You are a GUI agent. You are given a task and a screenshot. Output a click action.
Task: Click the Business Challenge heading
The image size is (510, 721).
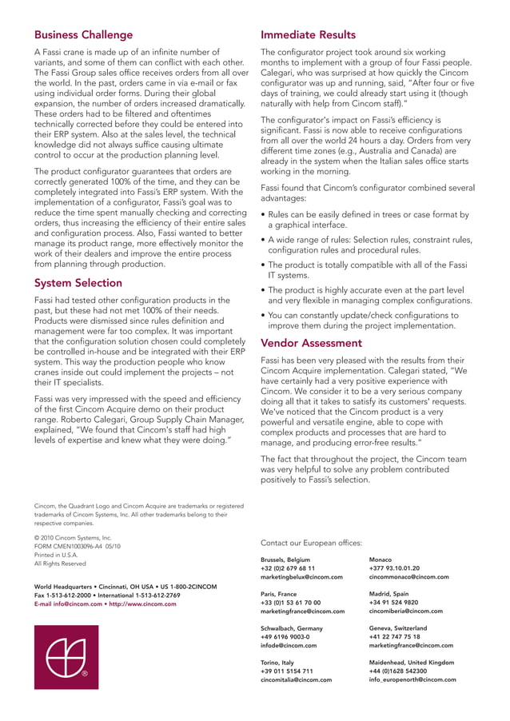(83, 35)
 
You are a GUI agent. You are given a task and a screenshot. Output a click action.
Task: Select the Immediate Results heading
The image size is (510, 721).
(309, 35)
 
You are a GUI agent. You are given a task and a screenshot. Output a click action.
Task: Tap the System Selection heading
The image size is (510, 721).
(78, 283)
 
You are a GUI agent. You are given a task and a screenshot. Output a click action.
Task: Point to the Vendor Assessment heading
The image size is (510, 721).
(312, 343)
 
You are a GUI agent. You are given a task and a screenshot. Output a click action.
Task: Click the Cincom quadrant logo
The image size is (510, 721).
(66, 657)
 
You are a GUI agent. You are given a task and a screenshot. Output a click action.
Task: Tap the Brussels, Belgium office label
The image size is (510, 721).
(285, 560)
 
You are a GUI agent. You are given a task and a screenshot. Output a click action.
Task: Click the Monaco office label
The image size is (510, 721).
(381, 560)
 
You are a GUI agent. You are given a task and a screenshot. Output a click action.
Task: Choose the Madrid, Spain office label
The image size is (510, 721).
(389, 594)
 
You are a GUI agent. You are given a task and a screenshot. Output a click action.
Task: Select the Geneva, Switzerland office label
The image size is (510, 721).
(398, 628)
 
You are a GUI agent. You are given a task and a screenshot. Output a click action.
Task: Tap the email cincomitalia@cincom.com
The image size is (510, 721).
(297, 679)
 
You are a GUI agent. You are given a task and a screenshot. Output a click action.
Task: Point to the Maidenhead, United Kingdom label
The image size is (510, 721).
(412, 663)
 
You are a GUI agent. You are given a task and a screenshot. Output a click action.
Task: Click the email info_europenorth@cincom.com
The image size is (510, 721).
(412, 679)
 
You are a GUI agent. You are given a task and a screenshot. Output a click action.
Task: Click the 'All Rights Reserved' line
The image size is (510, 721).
(60, 564)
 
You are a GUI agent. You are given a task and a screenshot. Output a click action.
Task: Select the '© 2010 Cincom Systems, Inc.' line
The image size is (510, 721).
(73, 538)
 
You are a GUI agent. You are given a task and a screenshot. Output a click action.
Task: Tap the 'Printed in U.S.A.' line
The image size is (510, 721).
(56, 555)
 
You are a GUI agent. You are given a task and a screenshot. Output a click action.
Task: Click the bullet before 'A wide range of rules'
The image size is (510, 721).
(264, 241)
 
